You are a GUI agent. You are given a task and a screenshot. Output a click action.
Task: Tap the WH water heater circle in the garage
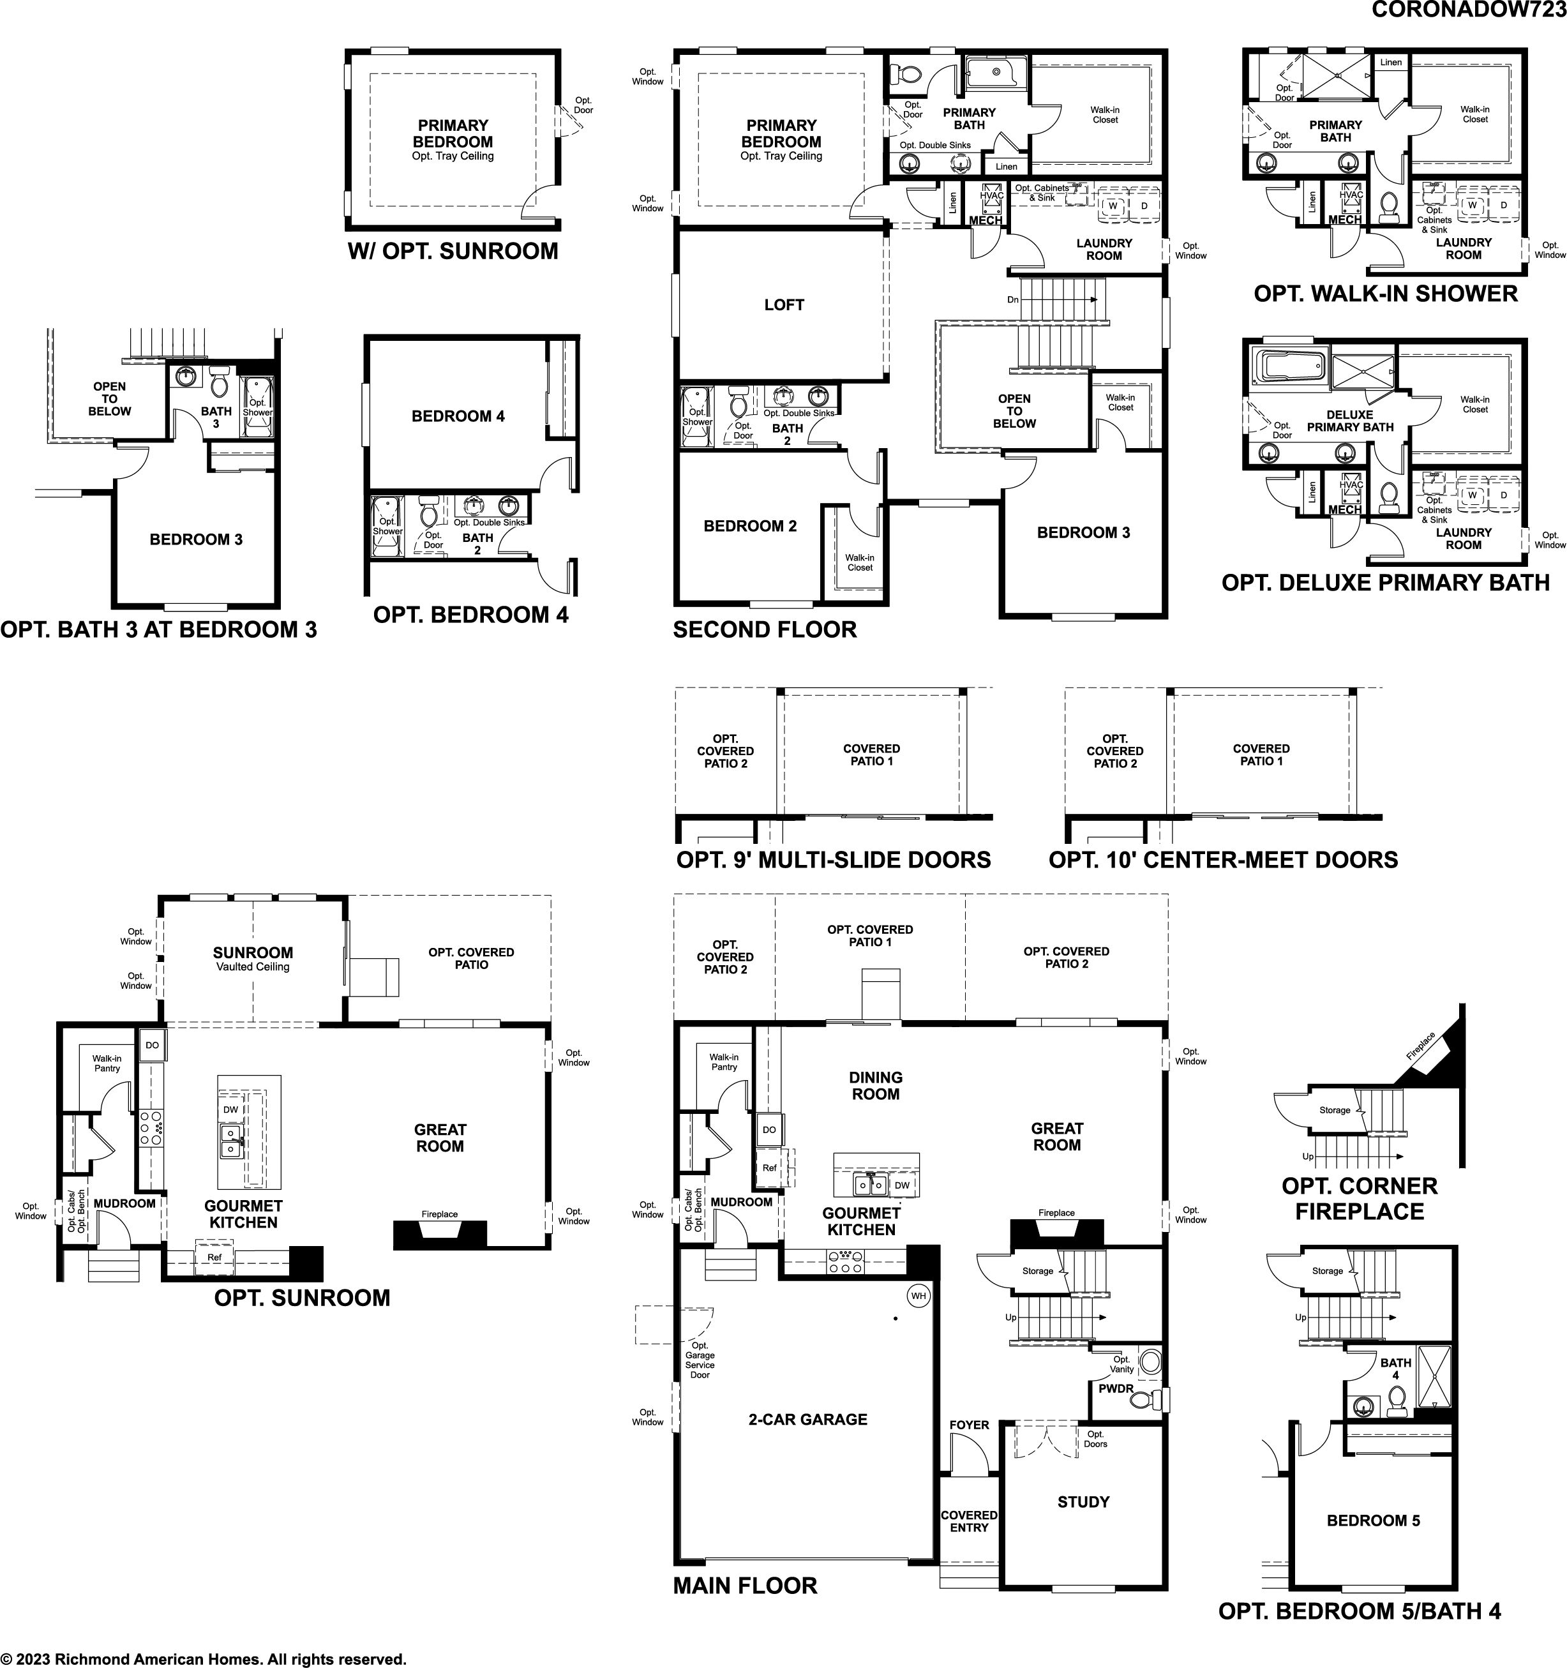tap(918, 1295)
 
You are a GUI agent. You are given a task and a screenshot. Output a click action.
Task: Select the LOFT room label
tap(784, 305)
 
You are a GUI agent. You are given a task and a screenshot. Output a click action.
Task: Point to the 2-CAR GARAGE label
tap(808, 1420)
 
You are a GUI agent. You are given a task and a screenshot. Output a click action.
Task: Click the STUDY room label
tap(1083, 1502)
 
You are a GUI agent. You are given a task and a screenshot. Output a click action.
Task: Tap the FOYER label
tap(969, 1425)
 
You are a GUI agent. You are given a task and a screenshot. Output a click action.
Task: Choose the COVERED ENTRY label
tap(969, 1521)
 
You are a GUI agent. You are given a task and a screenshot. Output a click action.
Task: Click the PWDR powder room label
tap(1116, 1388)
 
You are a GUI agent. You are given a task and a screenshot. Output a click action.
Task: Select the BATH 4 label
tap(1396, 1369)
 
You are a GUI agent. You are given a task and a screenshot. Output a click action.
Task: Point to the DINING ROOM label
tap(875, 1086)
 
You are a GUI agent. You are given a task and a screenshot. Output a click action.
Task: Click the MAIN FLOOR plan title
tap(745, 1586)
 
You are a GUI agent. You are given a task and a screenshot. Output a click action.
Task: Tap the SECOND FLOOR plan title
tap(764, 629)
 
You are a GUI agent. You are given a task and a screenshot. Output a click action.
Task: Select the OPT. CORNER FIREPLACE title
tap(1359, 1198)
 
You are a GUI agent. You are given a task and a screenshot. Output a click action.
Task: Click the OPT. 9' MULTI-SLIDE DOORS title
tap(833, 859)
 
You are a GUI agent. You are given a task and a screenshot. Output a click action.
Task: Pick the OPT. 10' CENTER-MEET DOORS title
tap(1223, 859)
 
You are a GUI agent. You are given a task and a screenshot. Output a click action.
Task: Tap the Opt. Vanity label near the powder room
tap(1121, 1364)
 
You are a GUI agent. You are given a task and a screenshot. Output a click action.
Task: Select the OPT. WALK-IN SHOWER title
tap(1386, 294)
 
